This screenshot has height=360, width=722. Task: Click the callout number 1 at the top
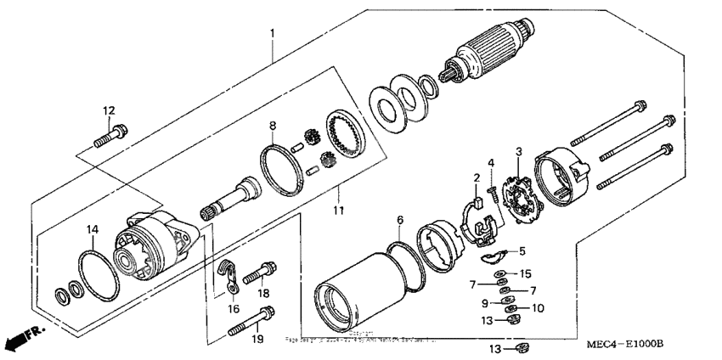pos(272,33)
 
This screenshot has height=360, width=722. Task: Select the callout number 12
pos(109,110)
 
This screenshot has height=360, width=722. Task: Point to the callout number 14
pos(92,229)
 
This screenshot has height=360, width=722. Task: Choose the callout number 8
pos(273,127)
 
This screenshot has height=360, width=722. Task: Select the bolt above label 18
pos(259,275)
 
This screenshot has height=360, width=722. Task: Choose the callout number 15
pos(526,273)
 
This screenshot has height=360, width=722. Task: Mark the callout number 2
pos(477,177)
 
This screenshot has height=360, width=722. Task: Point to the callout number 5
pos(522,251)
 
